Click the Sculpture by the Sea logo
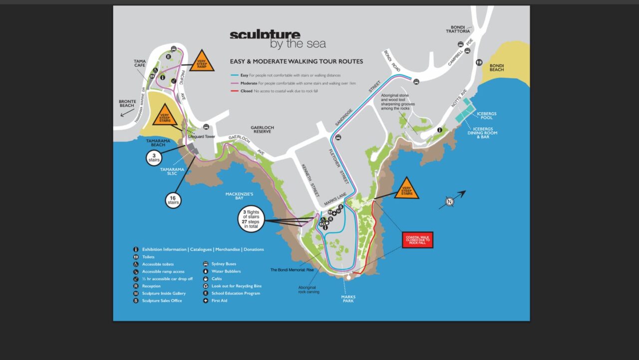(277, 39)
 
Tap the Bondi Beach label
(497, 67)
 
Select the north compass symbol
(450, 202)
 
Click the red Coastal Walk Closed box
(417, 240)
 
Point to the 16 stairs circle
(173, 200)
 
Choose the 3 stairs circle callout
(154, 158)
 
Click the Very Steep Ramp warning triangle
(201, 62)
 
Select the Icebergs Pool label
(483, 115)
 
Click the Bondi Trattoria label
(458, 28)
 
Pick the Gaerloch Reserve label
(263, 130)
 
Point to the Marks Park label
(348, 299)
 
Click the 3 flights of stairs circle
(251, 219)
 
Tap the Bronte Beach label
(127, 103)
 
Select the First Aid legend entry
(219, 301)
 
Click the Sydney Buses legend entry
(224, 264)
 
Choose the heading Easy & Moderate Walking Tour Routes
(296, 61)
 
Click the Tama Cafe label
(140, 63)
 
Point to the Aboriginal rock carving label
(309, 290)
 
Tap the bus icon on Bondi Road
(416, 81)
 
